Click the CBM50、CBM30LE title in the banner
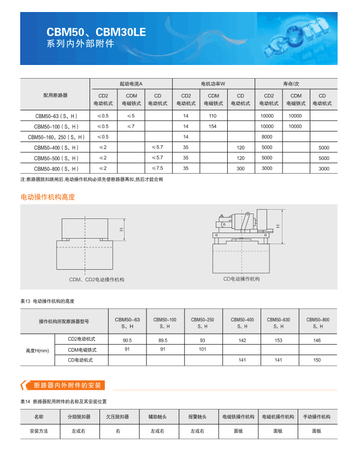tap(96, 32)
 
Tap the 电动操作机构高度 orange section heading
tap(48, 197)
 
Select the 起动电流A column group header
tap(131, 84)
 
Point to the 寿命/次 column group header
tap(296, 84)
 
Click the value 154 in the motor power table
tap(213, 126)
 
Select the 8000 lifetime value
tap(267, 137)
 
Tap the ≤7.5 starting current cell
tap(157, 168)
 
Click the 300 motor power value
tap(240, 169)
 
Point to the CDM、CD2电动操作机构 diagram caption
tap(97, 280)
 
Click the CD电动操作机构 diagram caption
tap(241, 279)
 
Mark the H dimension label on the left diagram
tap(122, 230)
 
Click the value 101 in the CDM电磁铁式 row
tap(202, 349)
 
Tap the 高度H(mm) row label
tap(37, 350)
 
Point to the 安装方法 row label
tap(38, 431)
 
